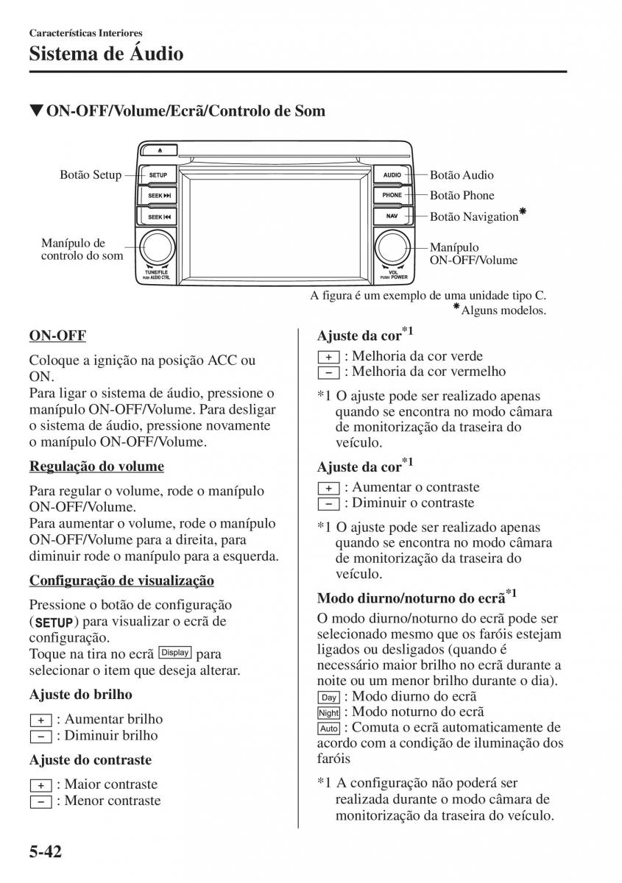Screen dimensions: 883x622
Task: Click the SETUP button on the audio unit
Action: pyautogui.click(x=158, y=176)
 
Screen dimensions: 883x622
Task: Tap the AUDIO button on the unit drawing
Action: pyautogui.click(x=392, y=176)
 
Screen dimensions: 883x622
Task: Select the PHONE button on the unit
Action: pyautogui.click(x=392, y=196)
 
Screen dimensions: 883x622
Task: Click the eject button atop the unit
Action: pyautogui.click(x=163, y=149)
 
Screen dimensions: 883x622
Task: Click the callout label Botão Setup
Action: pyautogui.click(x=91, y=175)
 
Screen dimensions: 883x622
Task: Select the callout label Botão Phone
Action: pyautogui.click(x=462, y=196)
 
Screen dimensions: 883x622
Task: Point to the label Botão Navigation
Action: pyautogui.click(x=474, y=216)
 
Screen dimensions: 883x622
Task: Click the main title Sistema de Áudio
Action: pyautogui.click(x=106, y=54)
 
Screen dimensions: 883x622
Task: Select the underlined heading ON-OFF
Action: pyautogui.click(x=57, y=336)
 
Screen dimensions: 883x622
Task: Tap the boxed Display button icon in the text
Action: pyautogui.click(x=175, y=653)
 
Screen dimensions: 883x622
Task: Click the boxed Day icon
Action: pyautogui.click(x=328, y=698)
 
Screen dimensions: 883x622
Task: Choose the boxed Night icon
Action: pyautogui.click(x=328, y=713)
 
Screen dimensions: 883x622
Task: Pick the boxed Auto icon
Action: pyautogui.click(x=328, y=728)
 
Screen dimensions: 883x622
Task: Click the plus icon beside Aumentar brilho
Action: pyautogui.click(x=40, y=720)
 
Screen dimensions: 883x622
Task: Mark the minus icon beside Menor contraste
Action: pyautogui.click(x=40, y=801)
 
